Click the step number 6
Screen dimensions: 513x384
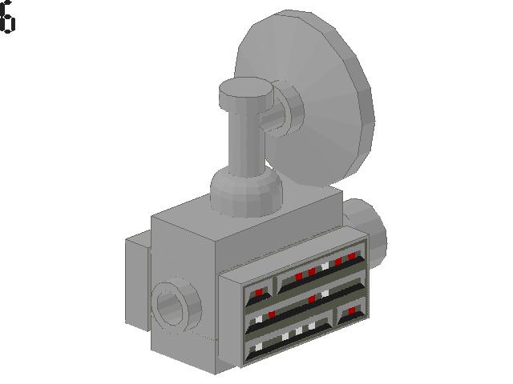(x=7, y=16)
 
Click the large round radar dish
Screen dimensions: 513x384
(x=314, y=98)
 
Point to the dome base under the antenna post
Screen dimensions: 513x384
(x=246, y=193)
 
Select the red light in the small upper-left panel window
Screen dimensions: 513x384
(x=259, y=292)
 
